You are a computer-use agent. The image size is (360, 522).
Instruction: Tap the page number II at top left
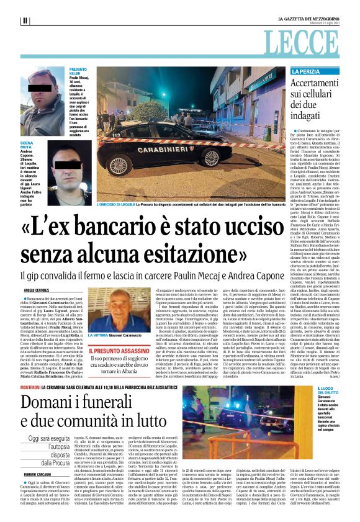25,20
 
